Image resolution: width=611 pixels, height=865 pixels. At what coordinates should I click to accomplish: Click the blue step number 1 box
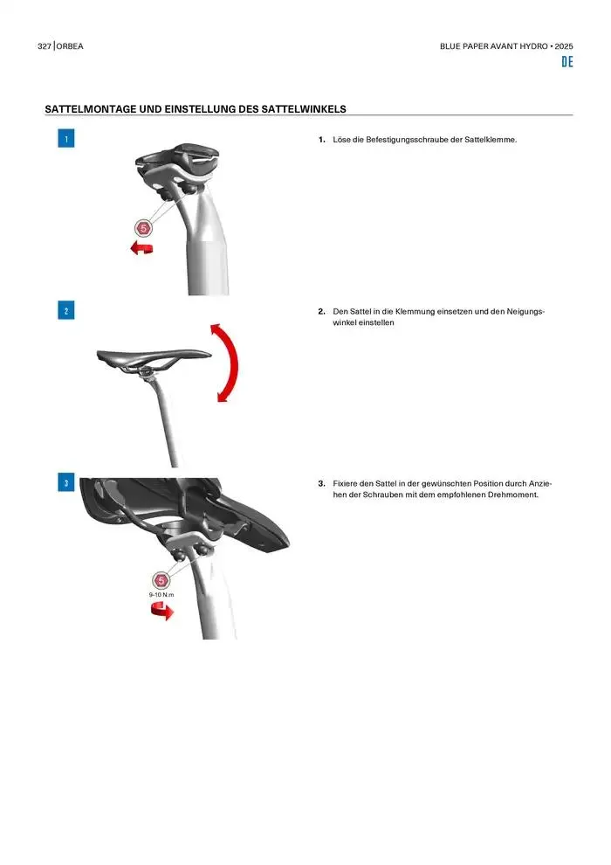[x=66, y=138]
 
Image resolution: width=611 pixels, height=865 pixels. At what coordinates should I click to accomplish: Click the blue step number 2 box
[x=66, y=310]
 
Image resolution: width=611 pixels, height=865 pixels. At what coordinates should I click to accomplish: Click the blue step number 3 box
[x=66, y=482]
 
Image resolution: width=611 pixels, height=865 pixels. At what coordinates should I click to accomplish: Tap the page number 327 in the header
[x=44, y=46]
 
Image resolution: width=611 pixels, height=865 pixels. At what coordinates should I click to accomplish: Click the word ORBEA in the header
[x=70, y=46]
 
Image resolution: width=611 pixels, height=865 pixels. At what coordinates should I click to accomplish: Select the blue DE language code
[x=567, y=62]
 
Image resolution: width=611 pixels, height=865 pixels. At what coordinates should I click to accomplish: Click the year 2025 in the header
[x=564, y=46]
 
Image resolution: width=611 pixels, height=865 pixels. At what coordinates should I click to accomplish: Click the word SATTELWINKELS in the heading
[x=304, y=109]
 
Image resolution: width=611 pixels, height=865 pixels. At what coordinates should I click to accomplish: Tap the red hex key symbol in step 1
[x=143, y=228]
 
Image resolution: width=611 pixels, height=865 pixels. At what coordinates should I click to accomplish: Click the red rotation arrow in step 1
[x=141, y=248]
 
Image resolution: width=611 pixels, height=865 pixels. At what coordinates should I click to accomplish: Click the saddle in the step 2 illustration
[x=154, y=357]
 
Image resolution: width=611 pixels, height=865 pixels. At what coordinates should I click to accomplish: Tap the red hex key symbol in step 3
[x=161, y=580]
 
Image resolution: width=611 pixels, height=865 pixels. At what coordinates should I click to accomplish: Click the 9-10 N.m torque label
[x=161, y=595]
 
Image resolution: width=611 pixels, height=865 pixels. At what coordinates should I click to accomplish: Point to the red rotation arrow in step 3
[x=162, y=612]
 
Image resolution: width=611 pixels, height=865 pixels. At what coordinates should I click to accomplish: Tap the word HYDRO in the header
[x=534, y=46]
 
